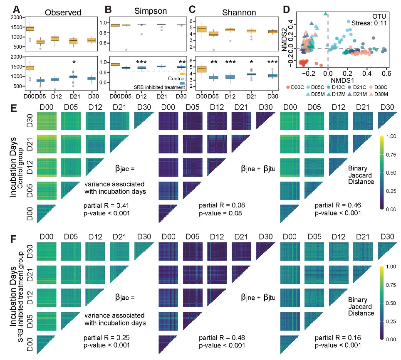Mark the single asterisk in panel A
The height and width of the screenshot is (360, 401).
[74, 62]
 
